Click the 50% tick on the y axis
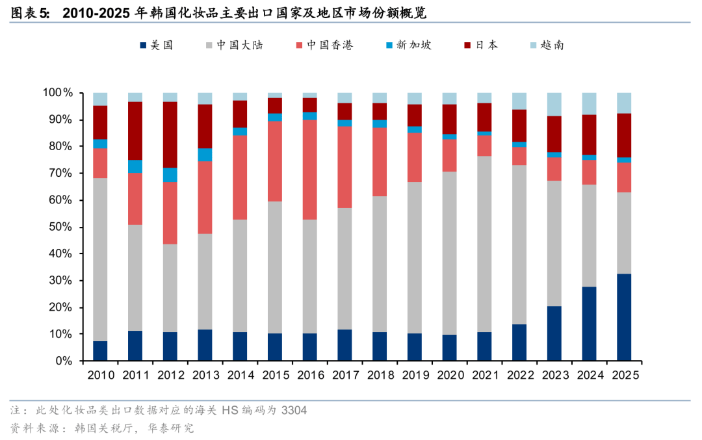click(x=62, y=227)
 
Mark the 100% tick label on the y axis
click(x=59, y=93)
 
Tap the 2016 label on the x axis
click(x=310, y=376)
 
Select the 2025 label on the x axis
click(x=624, y=376)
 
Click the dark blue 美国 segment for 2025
click(x=624, y=317)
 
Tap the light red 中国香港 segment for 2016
click(x=310, y=170)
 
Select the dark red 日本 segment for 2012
click(x=170, y=135)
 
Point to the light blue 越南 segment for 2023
click(x=554, y=104)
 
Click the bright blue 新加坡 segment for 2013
click(x=205, y=154)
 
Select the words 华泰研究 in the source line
click(x=171, y=428)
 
